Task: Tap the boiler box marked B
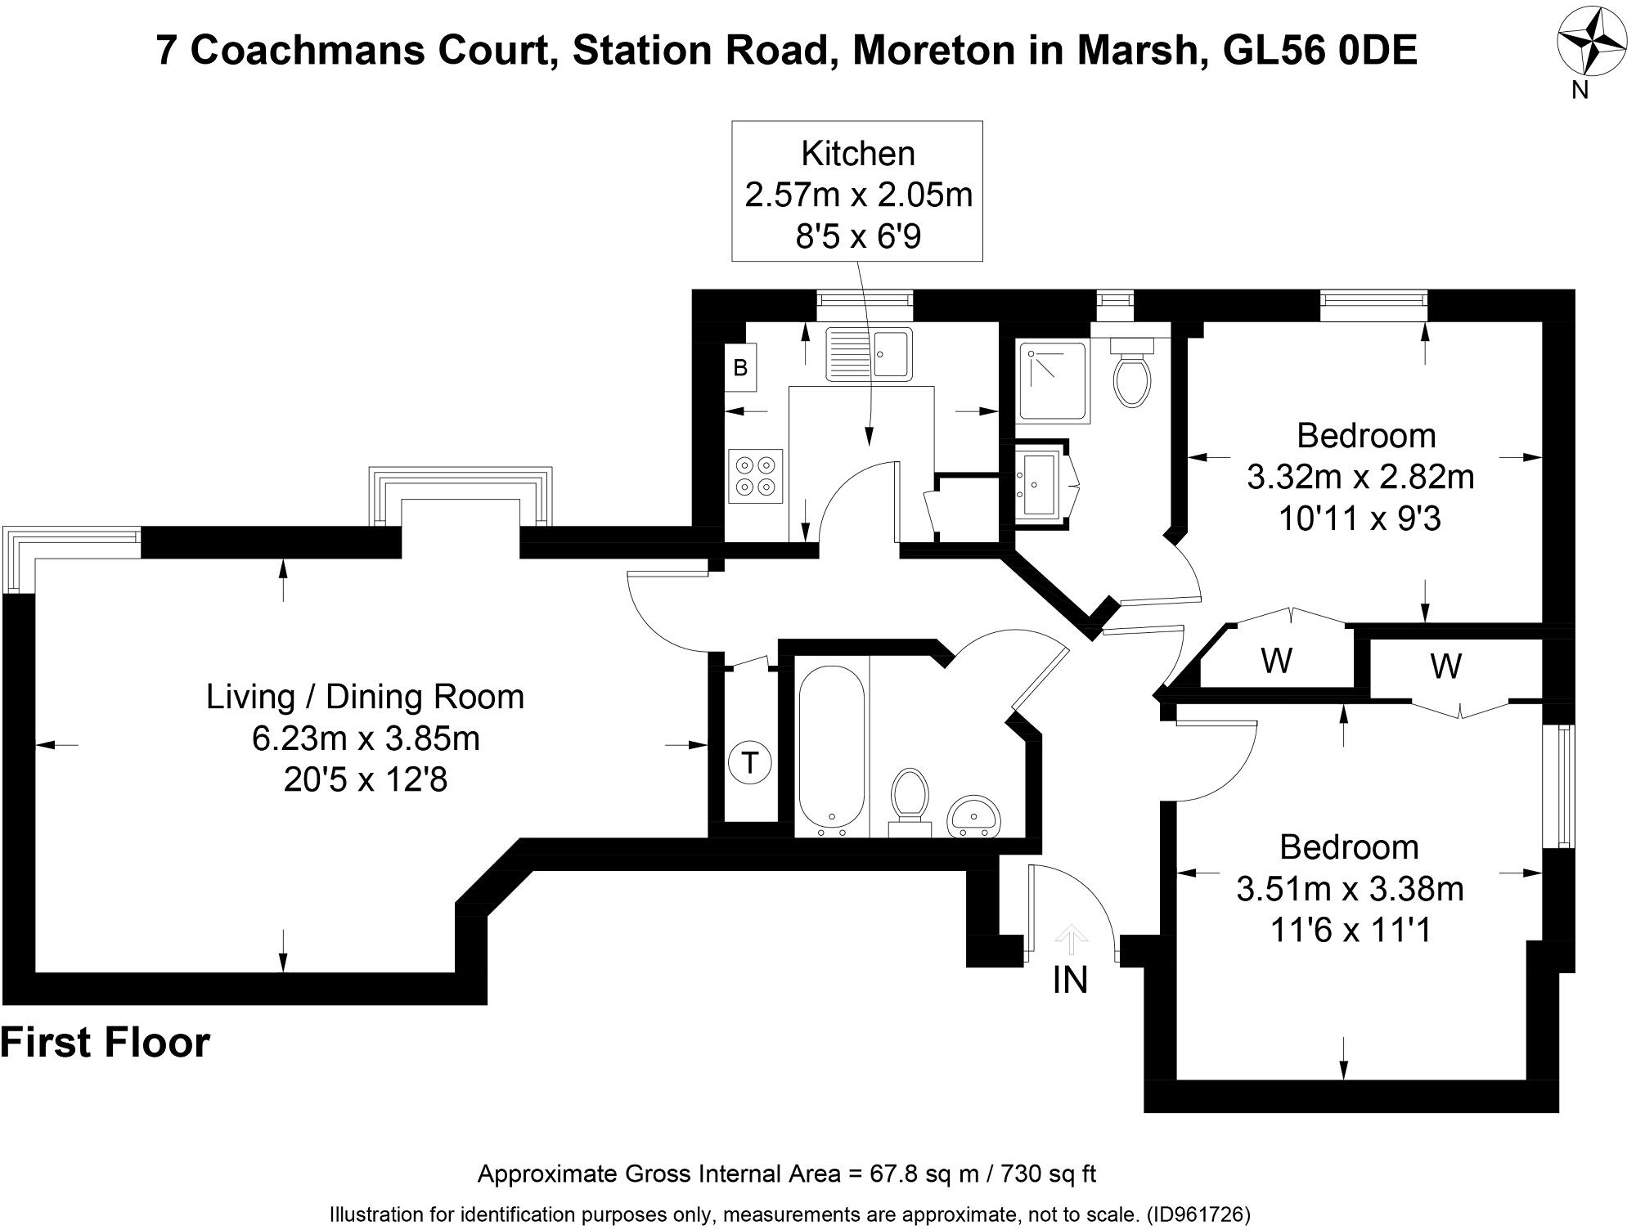740,368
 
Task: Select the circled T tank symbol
748,763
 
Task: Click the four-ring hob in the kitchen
755,476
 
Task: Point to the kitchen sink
868,353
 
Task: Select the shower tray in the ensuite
1054,382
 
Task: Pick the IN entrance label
1070,981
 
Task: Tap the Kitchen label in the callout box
857,154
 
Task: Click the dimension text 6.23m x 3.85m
365,738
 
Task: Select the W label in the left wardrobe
1276,660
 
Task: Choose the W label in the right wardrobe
1445,667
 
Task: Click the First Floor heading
106,1043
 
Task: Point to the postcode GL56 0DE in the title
1319,51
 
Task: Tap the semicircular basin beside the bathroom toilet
973,816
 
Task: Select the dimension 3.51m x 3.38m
1350,889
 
